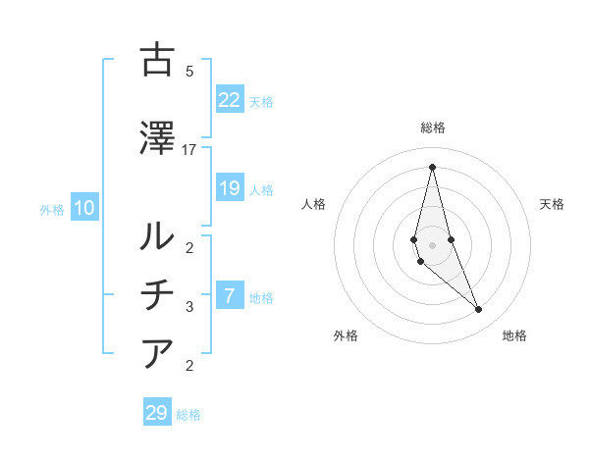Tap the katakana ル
point(158,234)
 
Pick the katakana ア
point(158,352)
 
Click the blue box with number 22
point(230,99)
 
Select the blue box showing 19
point(230,188)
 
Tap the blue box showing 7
point(230,296)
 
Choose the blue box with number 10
point(84,208)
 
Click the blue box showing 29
point(157,413)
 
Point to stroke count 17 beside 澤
point(189,150)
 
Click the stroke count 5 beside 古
point(189,72)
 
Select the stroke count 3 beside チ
point(189,307)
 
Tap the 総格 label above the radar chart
point(433,128)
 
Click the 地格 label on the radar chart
point(514,336)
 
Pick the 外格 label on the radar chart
point(346,336)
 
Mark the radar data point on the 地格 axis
point(479,310)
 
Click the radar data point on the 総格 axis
point(432,166)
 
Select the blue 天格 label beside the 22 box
point(260,102)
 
